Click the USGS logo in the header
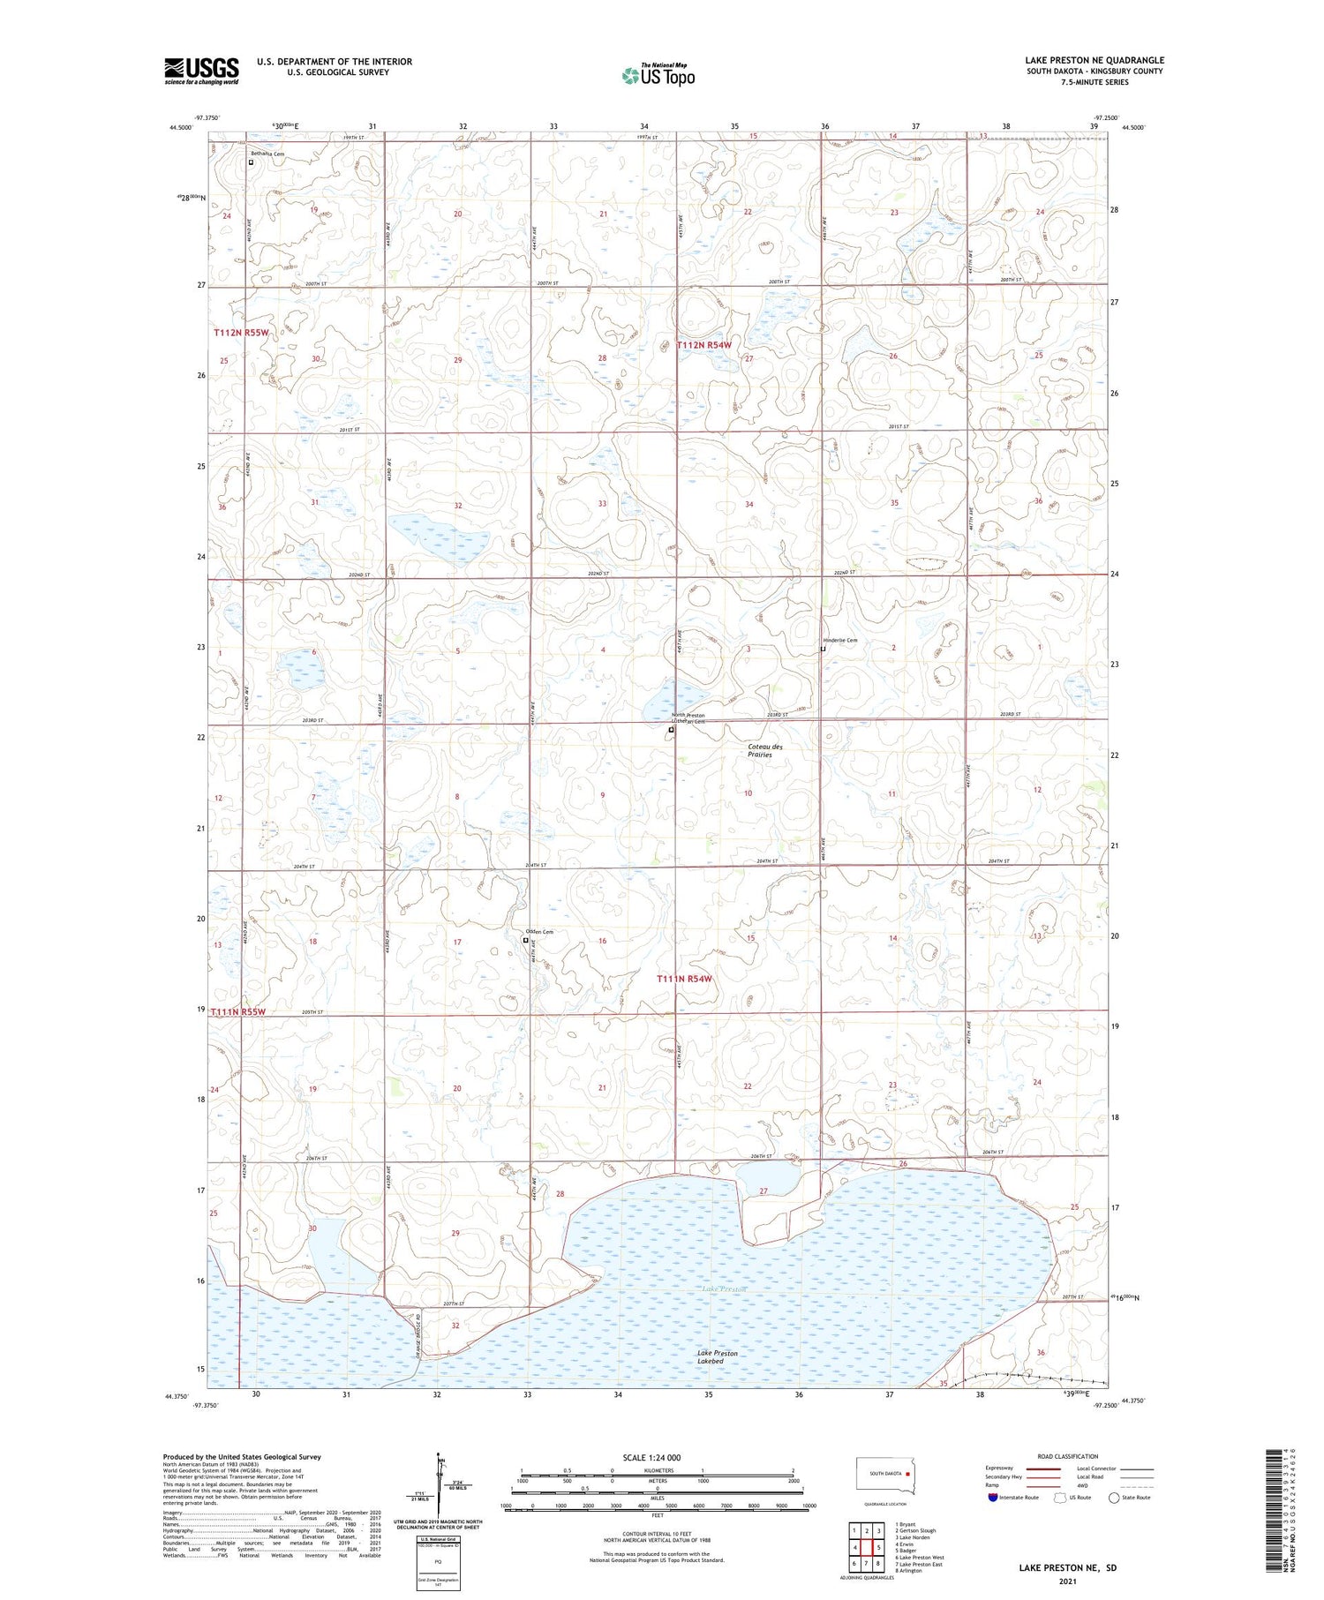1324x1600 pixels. pos(201,71)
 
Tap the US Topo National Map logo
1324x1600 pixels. pos(658,75)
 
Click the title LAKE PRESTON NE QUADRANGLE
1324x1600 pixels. pos(1095,60)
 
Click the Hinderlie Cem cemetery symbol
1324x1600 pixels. pos(823,650)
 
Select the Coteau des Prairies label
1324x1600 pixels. pos(764,751)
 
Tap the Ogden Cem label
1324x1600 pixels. pos(539,932)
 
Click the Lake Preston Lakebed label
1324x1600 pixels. pos(717,1357)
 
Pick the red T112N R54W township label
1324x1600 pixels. pos(703,345)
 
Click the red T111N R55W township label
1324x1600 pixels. pos(238,1011)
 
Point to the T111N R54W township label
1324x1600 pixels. pos(684,979)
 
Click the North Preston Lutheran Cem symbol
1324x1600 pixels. pos(671,731)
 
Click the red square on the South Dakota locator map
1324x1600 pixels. pos(906,1473)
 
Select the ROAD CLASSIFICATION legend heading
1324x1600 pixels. pos(1068,1457)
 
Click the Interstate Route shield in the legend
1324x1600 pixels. pos(993,1498)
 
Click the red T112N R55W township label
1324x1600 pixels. pos(240,333)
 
